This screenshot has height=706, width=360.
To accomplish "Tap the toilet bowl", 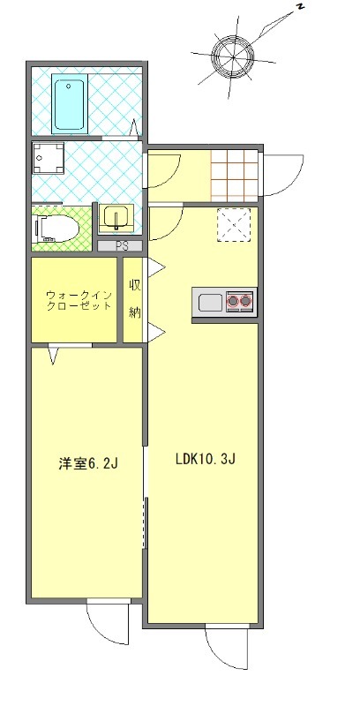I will coord(58,229).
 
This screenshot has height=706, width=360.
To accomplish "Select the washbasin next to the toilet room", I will coord(116,217).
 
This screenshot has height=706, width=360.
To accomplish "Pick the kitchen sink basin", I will coord(210,303).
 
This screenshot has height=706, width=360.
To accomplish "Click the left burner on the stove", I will coord(234,303).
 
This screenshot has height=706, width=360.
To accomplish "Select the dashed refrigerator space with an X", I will coord(235,223).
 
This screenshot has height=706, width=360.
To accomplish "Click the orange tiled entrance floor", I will coord(236,176).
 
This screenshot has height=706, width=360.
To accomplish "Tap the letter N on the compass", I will coord(301,8).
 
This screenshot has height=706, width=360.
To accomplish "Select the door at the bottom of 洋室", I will coord(108,625).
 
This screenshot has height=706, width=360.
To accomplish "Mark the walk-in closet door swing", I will coord(56,354).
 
